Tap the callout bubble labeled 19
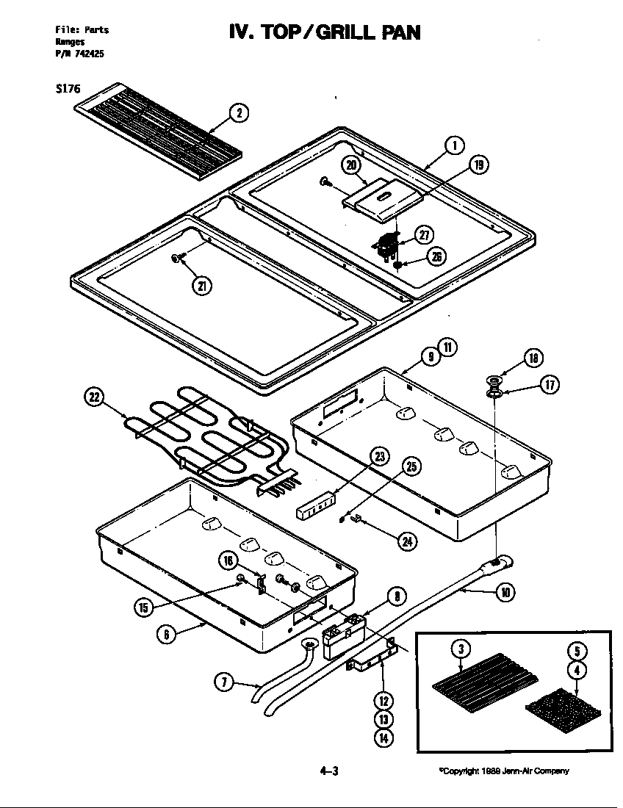click(x=479, y=165)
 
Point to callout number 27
click(x=425, y=235)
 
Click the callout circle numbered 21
click(x=199, y=286)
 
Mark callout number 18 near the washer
click(x=533, y=358)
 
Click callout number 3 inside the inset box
click(x=460, y=649)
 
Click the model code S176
click(x=68, y=87)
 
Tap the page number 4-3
click(x=328, y=771)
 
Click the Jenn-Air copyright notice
click(x=504, y=771)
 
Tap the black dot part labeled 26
click(x=397, y=263)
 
